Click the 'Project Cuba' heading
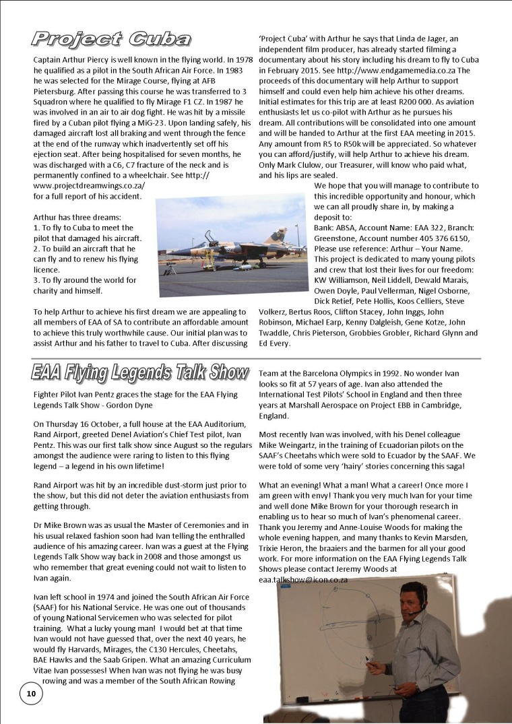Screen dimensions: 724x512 tap(112, 40)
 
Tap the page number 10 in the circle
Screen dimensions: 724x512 tap(31, 694)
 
